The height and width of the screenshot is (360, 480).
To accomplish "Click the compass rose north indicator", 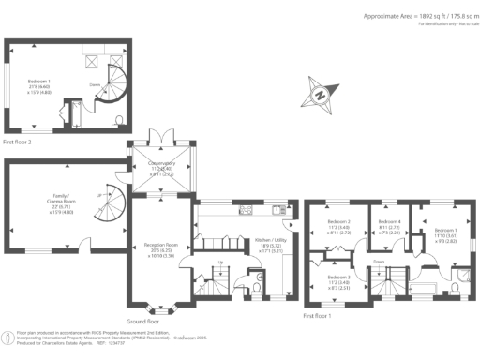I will click(x=321, y=94).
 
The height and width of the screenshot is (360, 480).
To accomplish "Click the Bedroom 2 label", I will click(x=337, y=225).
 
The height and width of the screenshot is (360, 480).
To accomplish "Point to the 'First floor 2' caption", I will click(x=18, y=142).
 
